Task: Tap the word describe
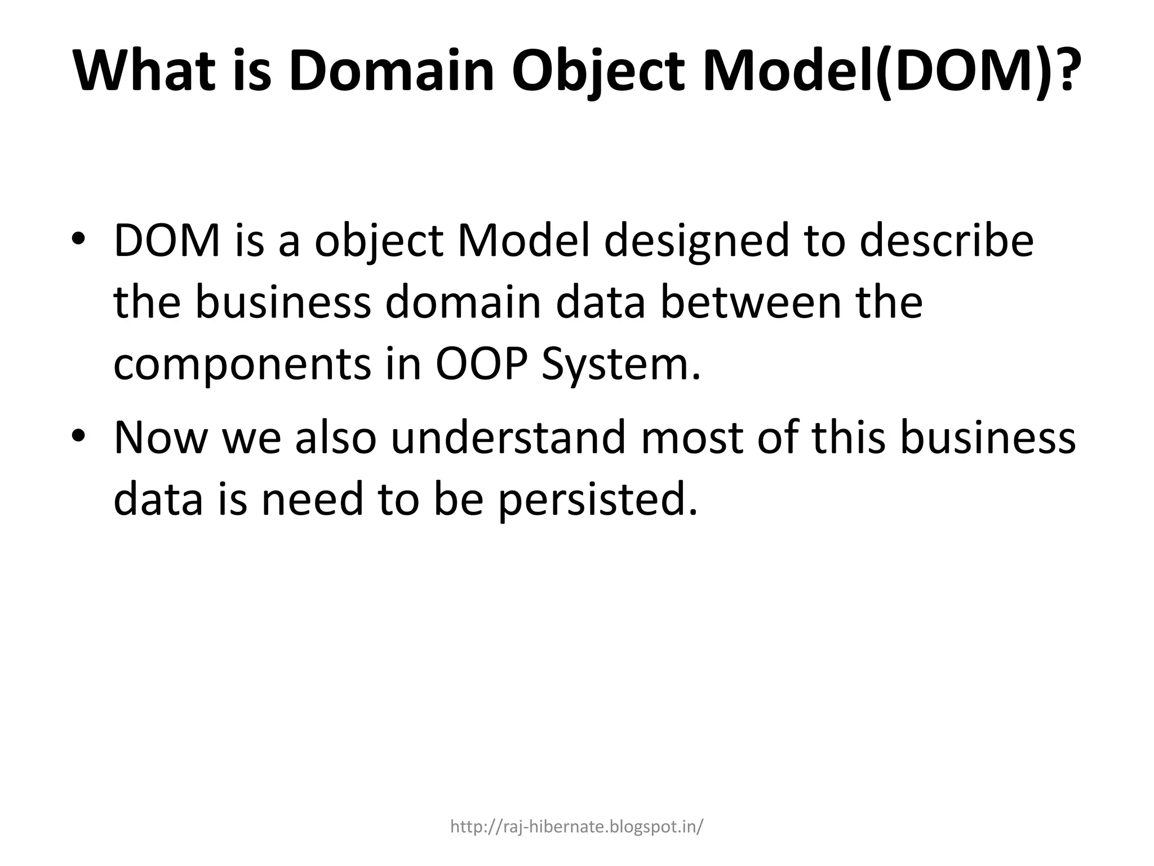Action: click(x=946, y=240)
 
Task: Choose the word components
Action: click(x=242, y=365)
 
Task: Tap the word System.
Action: click(x=620, y=365)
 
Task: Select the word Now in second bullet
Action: click(x=160, y=438)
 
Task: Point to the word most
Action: click(x=693, y=438)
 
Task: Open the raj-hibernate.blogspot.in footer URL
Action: click(x=576, y=827)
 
